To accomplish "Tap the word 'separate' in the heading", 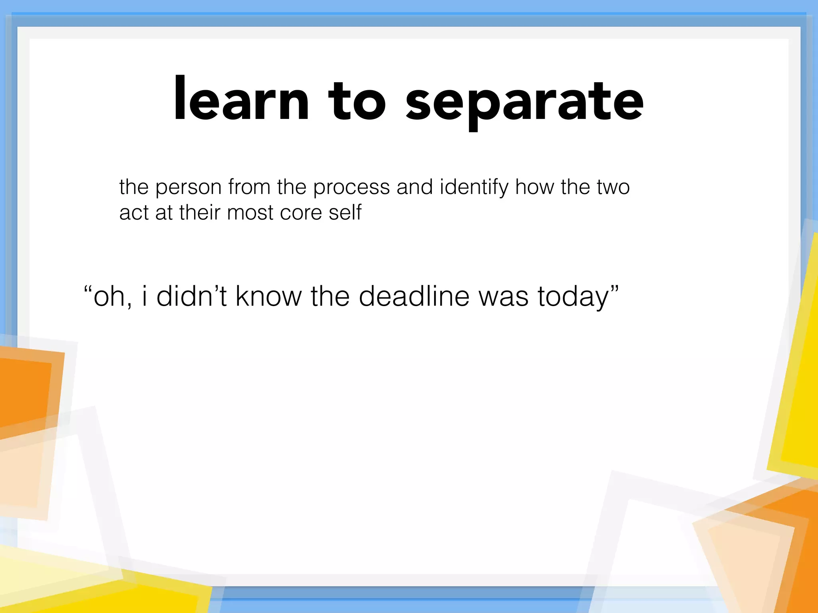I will [x=524, y=102].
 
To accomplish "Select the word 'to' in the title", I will [x=357, y=102].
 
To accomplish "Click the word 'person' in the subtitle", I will [x=189, y=188].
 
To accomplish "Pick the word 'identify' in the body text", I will [x=474, y=187].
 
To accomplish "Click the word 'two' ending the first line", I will [x=613, y=187].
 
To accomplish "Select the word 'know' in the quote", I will [x=268, y=296].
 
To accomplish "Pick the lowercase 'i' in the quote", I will [x=145, y=296].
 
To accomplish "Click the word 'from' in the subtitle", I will [x=249, y=187].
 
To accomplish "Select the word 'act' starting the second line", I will [x=134, y=213].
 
